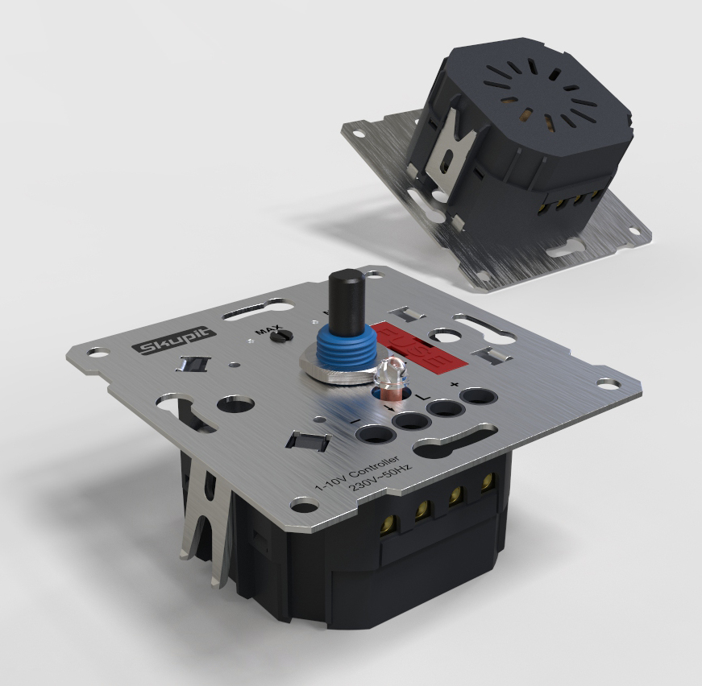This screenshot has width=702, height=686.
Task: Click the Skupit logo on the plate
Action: [x=174, y=341]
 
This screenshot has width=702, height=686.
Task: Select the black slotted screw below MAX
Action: [x=281, y=336]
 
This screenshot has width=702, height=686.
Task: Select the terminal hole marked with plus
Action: [x=479, y=397]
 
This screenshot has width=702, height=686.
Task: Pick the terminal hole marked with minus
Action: [x=376, y=435]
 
